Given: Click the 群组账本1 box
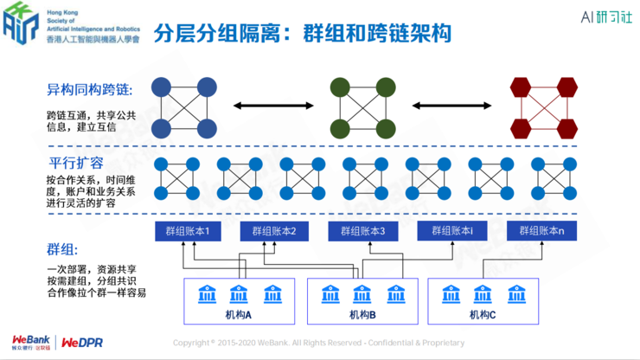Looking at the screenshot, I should (187, 231).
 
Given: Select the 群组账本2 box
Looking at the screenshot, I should (274, 231).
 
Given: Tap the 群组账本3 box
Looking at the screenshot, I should (362, 231).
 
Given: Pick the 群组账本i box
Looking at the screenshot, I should (451, 231).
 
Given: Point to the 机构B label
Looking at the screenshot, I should (362, 314).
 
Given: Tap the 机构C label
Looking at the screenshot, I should (482, 314).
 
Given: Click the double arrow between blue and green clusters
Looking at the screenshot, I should (271, 107).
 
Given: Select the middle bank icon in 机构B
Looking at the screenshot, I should (362, 292).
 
